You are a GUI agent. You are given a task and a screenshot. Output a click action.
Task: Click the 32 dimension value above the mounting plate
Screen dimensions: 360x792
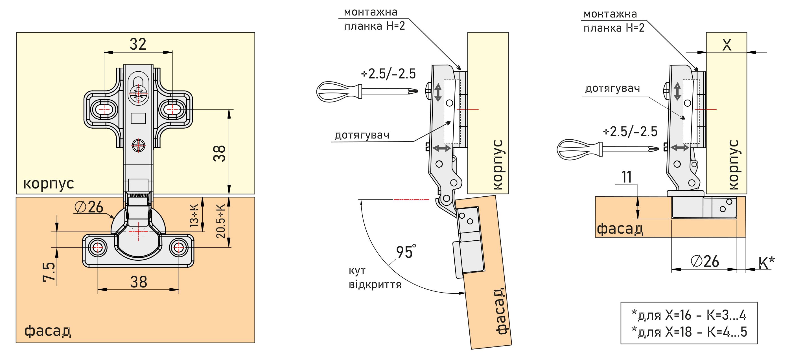tap(137, 44)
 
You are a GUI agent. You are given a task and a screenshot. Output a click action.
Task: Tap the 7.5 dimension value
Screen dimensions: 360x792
tap(49, 272)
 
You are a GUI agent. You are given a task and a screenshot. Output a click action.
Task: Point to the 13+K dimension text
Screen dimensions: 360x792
tap(195, 216)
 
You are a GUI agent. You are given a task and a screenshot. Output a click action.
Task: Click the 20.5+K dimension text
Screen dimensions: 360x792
tap(221, 221)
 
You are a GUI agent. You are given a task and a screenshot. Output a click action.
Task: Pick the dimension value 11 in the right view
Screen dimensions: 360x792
tap(627, 177)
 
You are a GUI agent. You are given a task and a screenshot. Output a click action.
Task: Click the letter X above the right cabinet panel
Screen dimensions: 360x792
tap(726, 45)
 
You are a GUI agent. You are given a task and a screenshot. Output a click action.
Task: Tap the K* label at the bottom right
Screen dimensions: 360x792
tap(767, 263)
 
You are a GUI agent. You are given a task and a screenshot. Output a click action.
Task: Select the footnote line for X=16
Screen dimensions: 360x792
tap(689, 315)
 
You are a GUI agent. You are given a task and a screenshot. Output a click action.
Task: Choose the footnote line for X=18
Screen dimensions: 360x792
tap(689, 332)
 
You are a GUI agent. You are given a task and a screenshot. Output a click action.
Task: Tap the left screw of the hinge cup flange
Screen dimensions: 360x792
tap(98, 247)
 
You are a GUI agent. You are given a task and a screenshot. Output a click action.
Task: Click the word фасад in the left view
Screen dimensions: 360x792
tap(48, 331)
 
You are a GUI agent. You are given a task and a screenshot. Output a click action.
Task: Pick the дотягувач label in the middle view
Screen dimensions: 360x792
tap(362, 135)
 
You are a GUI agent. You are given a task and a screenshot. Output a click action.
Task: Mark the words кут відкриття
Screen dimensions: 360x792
tap(375, 278)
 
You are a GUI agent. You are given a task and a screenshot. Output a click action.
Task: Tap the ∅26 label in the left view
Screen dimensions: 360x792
tap(89, 207)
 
